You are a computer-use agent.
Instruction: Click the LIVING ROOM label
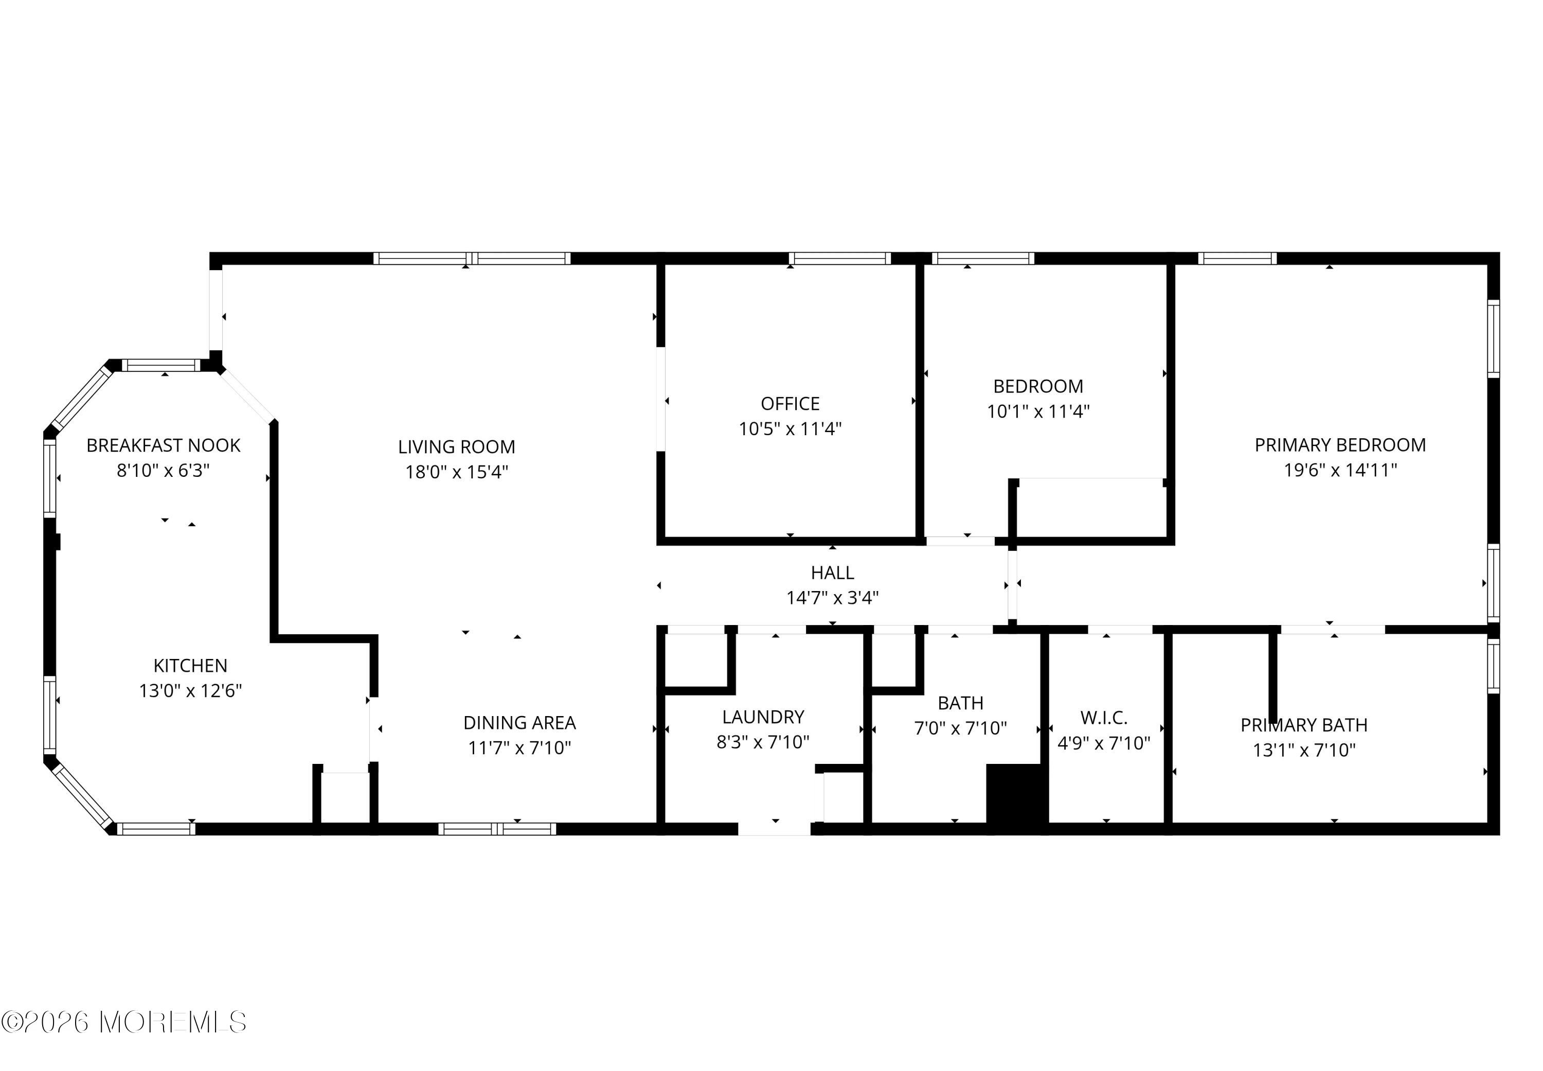(x=456, y=447)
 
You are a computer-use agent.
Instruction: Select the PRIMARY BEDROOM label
(x=1340, y=445)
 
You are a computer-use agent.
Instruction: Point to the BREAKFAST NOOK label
(x=163, y=445)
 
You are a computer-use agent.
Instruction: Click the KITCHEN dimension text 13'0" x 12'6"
(x=190, y=690)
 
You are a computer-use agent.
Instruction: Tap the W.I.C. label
(x=1104, y=718)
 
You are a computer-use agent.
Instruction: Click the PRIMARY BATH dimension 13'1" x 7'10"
(x=1304, y=749)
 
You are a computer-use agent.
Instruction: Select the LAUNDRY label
(x=763, y=718)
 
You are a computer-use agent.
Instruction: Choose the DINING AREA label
(x=519, y=723)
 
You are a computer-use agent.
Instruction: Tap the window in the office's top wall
(x=839, y=258)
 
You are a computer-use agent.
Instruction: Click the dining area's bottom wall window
(x=497, y=829)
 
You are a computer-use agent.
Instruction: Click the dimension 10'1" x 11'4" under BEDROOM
(x=1038, y=412)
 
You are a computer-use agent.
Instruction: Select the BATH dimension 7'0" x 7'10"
(x=960, y=728)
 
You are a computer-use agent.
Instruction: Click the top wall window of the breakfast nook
(x=161, y=365)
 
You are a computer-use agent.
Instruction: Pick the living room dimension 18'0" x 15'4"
(x=456, y=472)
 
